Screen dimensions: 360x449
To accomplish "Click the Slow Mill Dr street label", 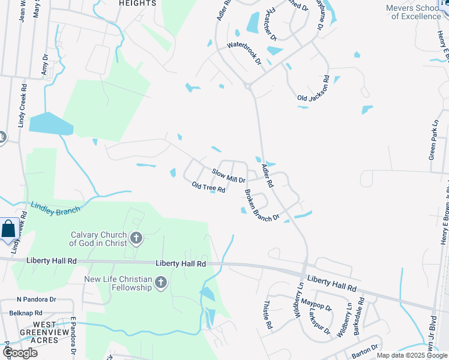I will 229,176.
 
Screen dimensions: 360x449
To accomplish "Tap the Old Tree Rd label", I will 208,187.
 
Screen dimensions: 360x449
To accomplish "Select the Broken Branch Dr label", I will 262,206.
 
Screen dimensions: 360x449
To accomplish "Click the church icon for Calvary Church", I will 136,239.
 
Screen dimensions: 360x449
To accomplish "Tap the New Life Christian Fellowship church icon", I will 160,283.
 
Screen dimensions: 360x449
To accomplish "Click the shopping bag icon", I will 9,229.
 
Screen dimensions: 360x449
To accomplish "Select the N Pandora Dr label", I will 36,299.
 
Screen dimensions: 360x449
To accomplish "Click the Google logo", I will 20,353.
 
